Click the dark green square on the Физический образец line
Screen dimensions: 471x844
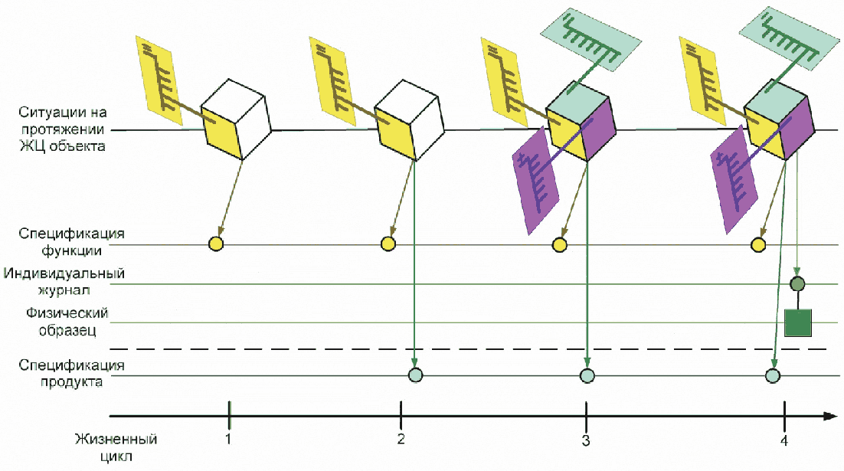tap(797, 322)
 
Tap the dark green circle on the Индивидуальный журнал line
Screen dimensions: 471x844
tap(797, 283)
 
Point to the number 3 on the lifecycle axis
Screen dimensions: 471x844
tap(586, 440)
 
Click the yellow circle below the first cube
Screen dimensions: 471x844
tap(216, 244)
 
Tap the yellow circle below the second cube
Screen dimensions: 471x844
tap(388, 244)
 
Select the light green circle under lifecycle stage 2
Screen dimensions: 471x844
tap(415, 375)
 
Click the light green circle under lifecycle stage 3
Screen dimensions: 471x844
tap(587, 375)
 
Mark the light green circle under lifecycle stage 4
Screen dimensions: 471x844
tap(773, 375)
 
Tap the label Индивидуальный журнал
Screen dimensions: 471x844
tap(64, 280)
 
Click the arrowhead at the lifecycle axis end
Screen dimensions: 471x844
tap(829, 416)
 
